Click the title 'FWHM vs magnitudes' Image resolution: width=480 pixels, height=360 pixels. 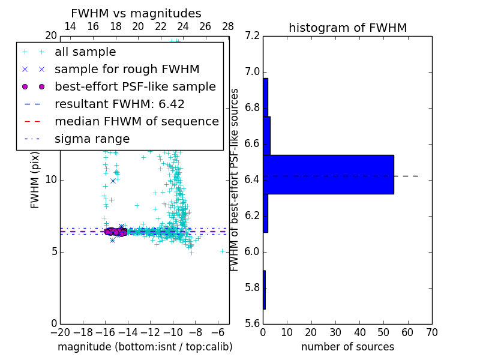[136, 13]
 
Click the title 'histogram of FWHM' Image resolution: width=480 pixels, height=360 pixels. [348, 28]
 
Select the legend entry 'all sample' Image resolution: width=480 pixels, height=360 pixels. [85, 52]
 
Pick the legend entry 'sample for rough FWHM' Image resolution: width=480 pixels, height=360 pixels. [127, 70]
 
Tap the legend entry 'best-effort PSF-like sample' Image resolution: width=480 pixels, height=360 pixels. [135, 87]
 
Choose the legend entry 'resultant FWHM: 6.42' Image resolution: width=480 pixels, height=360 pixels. [119, 104]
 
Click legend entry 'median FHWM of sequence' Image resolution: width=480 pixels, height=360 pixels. [136, 122]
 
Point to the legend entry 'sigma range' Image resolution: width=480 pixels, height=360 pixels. [92, 139]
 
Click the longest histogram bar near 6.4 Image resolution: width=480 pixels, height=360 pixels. [328, 174]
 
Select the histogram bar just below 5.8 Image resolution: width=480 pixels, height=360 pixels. [264, 290]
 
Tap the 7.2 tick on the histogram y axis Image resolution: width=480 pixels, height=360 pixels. [252, 36]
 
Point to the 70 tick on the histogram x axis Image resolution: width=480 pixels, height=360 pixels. [432, 331]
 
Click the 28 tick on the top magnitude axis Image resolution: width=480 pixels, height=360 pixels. [228, 26]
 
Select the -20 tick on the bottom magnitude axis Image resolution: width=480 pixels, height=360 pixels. [60, 331]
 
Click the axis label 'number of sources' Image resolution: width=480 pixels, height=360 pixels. [347, 347]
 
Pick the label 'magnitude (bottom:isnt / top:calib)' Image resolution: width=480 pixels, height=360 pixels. [145, 347]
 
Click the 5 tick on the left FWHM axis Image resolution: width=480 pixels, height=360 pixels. [53, 251]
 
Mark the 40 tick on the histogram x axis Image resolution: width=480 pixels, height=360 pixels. [359, 331]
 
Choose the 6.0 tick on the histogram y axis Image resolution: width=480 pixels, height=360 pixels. [252, 251]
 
